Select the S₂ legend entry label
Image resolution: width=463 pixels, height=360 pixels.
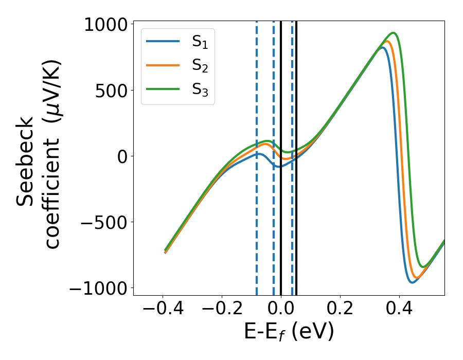pyautogui.click(x=200, y=65)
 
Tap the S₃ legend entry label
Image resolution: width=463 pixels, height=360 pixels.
pyautogui.click(x=200, y=89)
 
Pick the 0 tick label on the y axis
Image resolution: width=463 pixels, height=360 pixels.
pyautogui.click(x=122, y=156)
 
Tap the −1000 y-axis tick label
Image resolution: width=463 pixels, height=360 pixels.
pyautogui.click(x=98, y=288)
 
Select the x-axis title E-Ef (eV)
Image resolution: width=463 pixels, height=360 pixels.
pyautogui.click(x=289, y=332)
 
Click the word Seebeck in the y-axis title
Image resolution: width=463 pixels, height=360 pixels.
pyautogui.click(x=26, y=161)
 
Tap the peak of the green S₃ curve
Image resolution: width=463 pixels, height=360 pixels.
pyautogui.click(x=395, y=33)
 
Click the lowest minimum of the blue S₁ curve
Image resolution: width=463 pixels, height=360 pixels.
pyautogui.click(x=413, y=282)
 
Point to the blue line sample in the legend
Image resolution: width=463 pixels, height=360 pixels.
pyautogui.click(x=163, y=42)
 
